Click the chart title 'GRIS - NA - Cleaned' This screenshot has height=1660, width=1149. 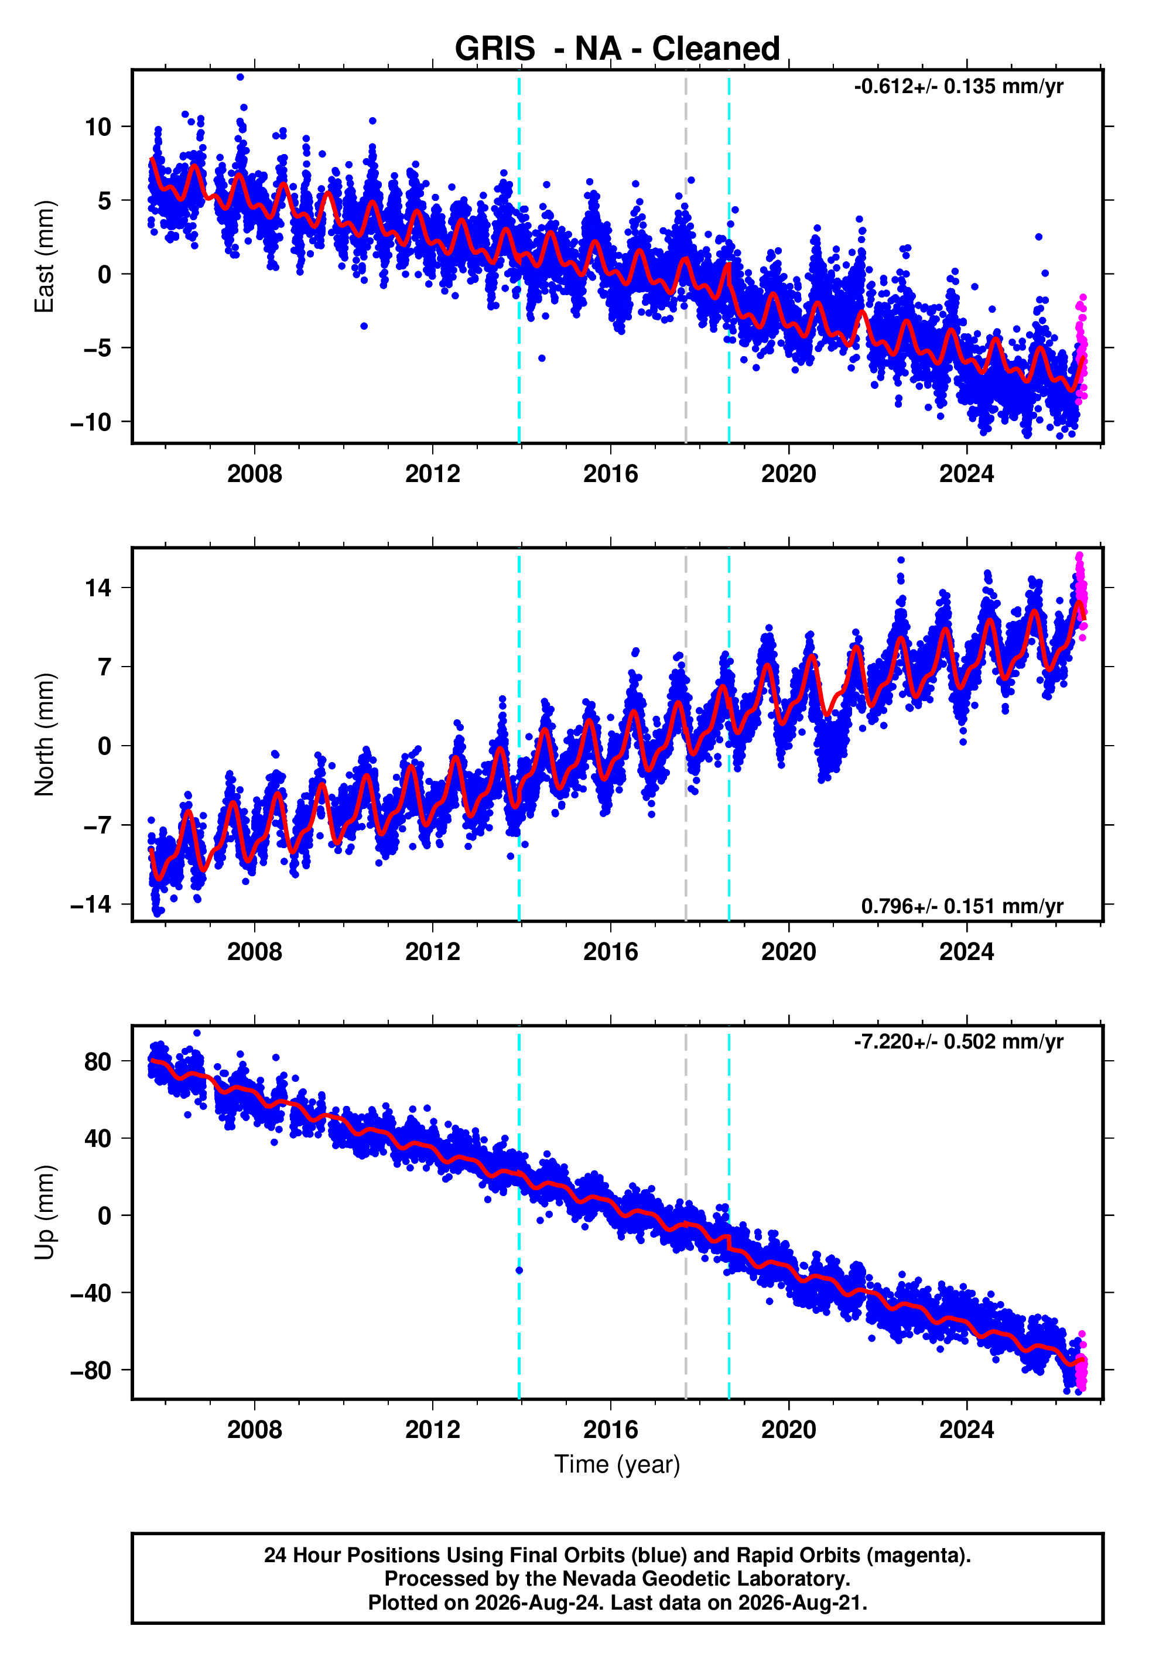click(617, 49)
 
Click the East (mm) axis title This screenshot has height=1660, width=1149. click(45, 257)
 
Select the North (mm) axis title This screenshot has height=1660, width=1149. click(45, 735)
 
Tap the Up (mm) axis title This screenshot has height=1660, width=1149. click(45, 1212)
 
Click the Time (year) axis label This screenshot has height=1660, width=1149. click(617, 1464)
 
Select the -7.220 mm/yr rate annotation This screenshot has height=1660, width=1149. click(958, 1041)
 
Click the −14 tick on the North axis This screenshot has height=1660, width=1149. click(91, 904)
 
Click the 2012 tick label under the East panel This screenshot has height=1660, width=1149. click(433, 474)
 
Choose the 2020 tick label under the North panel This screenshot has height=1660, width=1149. click(789, 952)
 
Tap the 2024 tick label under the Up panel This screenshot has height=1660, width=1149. click(967, 1430)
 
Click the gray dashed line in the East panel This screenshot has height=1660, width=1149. click(685, 257)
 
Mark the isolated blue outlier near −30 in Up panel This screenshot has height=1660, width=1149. click(519, 1270)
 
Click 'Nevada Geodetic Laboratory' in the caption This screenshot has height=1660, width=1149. click(706, 1579)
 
